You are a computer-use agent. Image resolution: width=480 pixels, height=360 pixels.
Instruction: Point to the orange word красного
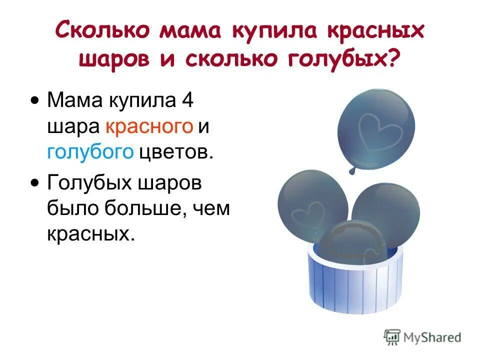[149, 126]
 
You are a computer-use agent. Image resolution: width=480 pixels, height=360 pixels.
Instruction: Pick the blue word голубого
[90, 152]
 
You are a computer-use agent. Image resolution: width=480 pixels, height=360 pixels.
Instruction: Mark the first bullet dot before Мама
[34, 101]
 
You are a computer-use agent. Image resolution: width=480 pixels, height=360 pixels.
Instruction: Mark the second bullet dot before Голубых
[34, 183]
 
